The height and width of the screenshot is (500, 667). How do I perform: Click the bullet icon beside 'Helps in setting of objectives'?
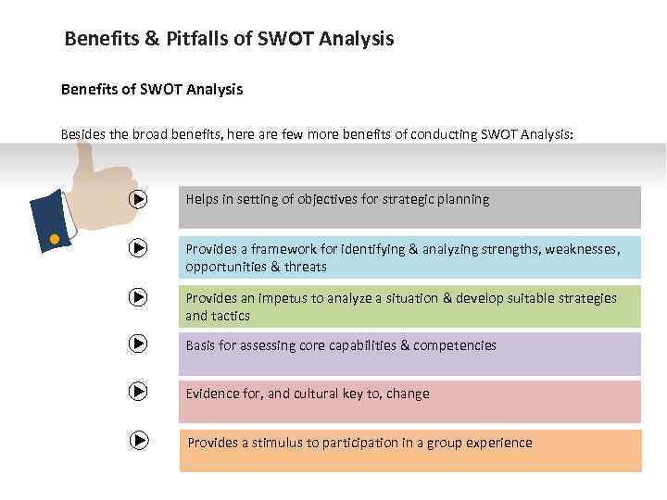click(x=138, y=199)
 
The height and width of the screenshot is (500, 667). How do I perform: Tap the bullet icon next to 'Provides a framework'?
click(x=138, y=248)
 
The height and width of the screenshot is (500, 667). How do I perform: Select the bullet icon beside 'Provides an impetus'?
click(x=138, y=297)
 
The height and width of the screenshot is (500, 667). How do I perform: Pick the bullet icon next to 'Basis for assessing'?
click(x=138, y=344)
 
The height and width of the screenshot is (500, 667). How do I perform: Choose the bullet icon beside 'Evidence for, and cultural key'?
click(x=138, y=392)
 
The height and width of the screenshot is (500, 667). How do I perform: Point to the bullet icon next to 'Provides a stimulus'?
click(x=138, y=441)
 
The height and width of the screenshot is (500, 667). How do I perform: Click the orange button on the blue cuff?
click(x=54, y=240)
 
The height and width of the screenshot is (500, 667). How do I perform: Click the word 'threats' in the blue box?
click(x=306, y=267)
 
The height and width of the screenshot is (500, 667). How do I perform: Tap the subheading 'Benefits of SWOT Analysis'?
click(x=151, y=89)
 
